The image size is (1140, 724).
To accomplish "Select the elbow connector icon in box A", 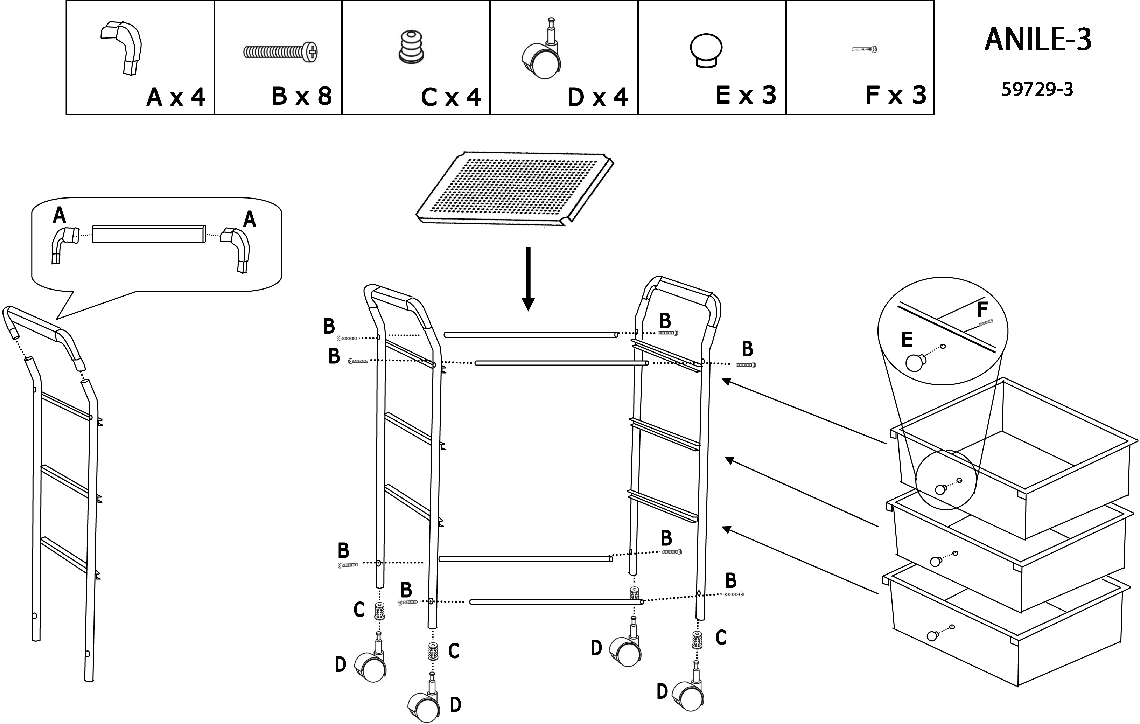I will coord(123,47).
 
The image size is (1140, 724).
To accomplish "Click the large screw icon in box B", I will coord(280,51).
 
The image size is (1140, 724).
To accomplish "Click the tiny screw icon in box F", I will coord(864,49).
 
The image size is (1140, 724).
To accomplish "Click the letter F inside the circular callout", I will coord(982,310).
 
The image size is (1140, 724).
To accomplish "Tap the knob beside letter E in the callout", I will coord(916,363).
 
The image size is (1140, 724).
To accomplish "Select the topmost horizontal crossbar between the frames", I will coord(530,335).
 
